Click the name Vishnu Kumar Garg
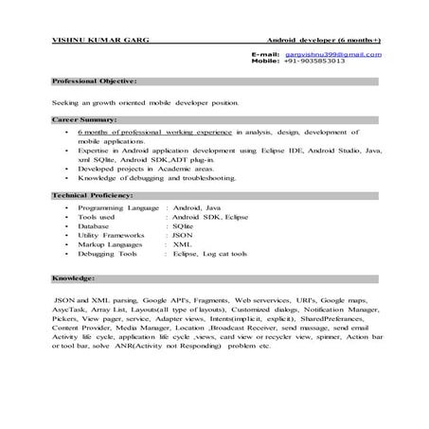tap(91, 41)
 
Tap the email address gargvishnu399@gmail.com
tap(332, 54)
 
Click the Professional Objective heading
tap(95, 82)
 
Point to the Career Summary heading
tap(84, 120)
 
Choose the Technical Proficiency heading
tap(94, 194)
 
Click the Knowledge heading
tap(73, 279)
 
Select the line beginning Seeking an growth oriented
tap(145, 101)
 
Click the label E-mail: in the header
tap(264, 54)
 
